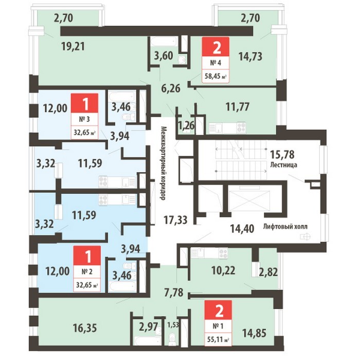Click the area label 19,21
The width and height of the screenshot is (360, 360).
73,47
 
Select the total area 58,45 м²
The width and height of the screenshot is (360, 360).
215,76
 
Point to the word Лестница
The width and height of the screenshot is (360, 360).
283,165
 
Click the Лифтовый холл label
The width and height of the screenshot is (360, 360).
285,227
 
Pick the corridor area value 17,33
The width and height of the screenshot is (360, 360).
175,220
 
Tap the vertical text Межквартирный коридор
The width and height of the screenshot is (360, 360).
163,163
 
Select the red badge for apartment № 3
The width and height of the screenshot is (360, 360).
85,103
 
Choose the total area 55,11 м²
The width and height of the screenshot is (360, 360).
218,339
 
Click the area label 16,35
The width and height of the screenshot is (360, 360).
85,328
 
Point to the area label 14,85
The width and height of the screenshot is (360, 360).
255,333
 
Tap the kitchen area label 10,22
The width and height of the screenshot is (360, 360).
223,271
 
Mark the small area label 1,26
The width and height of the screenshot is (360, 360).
186,125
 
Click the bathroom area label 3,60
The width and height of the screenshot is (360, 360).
163,56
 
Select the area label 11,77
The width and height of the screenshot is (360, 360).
238,107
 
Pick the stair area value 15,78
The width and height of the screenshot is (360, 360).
282,154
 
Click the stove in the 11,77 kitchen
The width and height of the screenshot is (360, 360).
242,127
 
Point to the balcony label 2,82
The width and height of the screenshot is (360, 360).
268,272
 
